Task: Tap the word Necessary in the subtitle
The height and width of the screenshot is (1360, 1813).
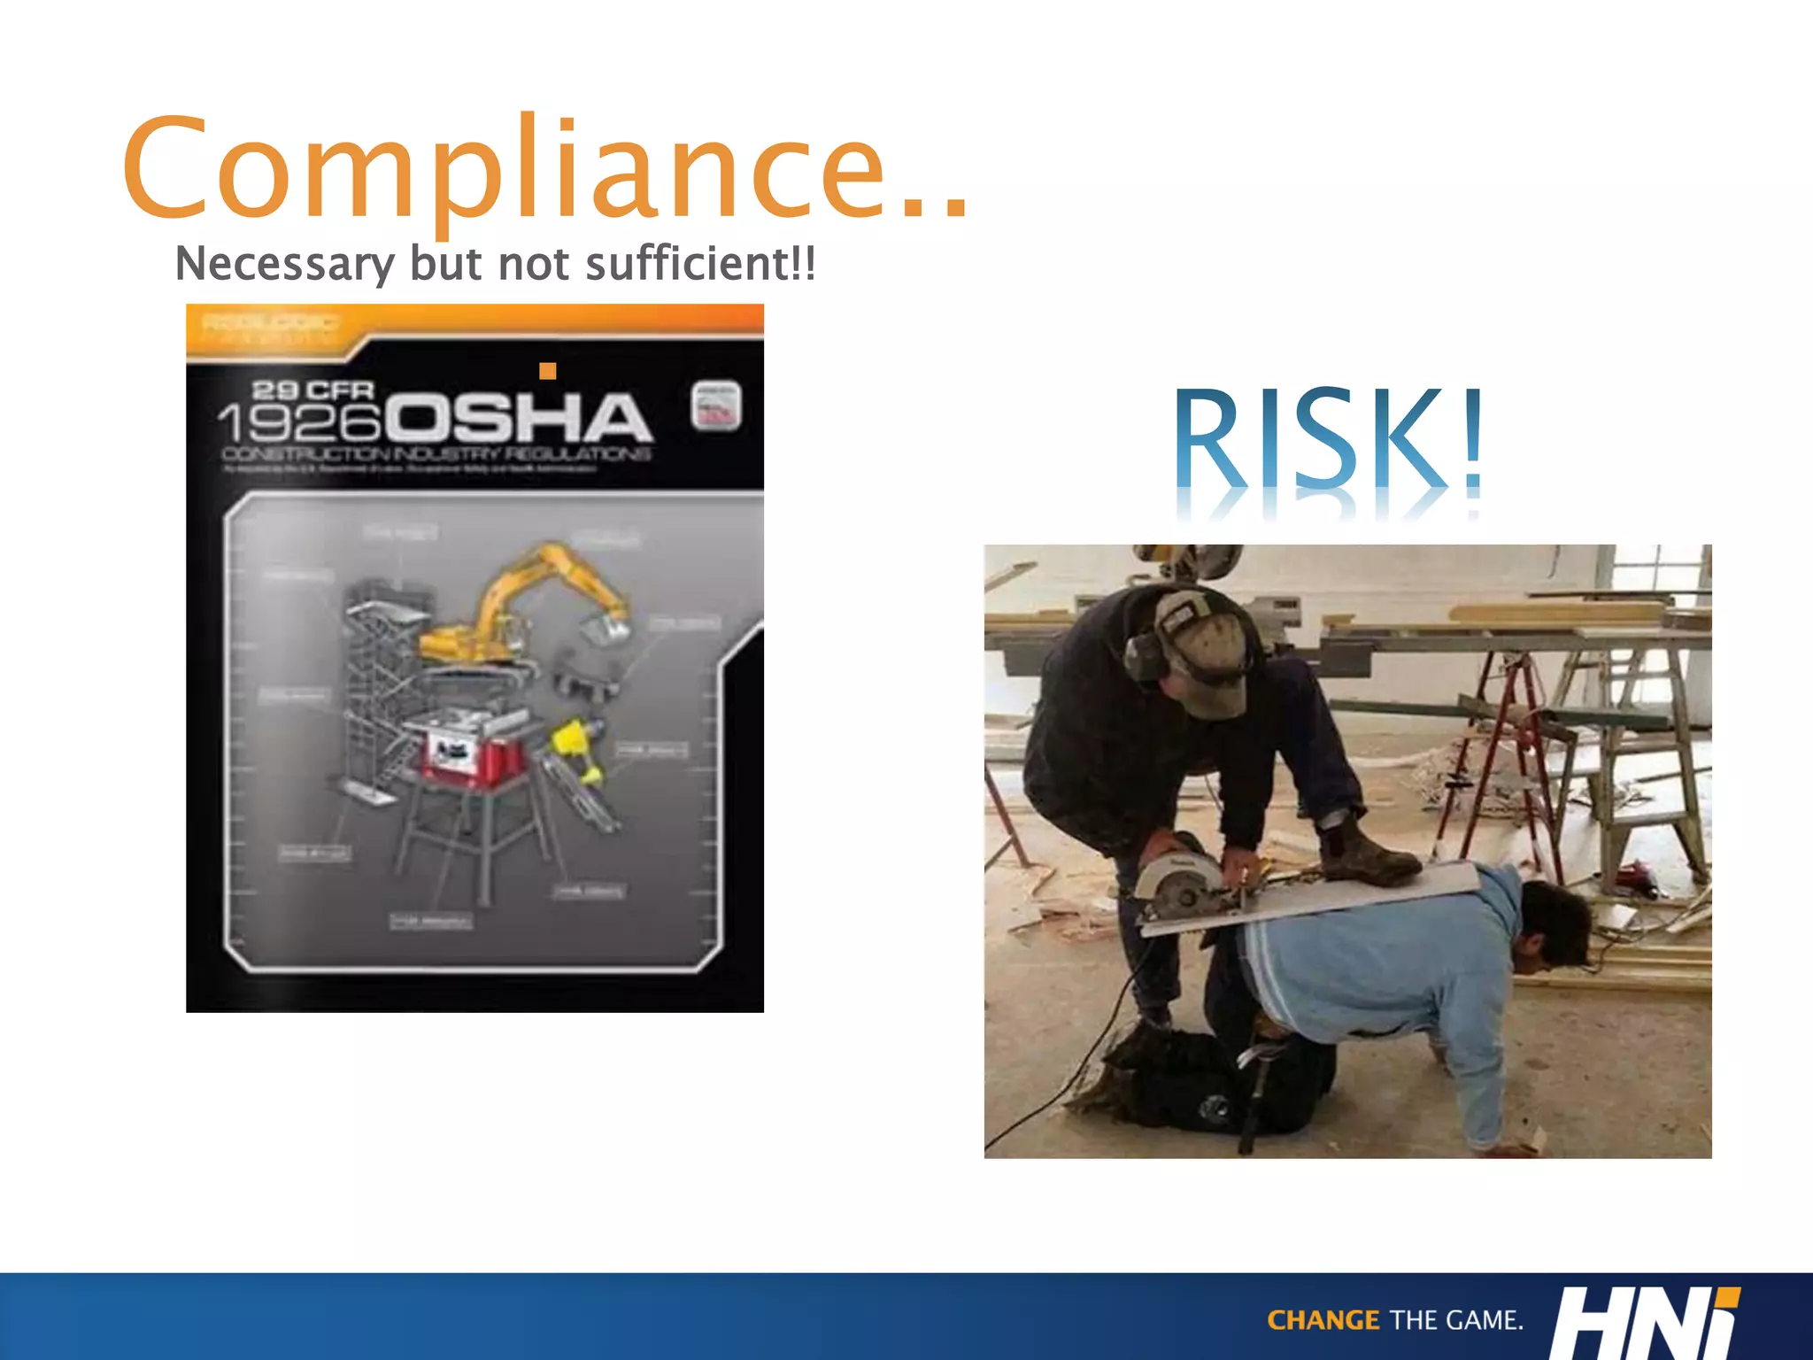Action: (x=284, y=264)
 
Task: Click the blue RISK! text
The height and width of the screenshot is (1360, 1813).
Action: (x=1328, y=438)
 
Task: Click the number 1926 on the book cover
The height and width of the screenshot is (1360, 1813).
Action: (x=298, y=423)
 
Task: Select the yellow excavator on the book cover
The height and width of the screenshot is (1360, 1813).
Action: (x=522, y=611)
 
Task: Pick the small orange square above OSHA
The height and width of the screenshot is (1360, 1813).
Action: (x=548, y=371)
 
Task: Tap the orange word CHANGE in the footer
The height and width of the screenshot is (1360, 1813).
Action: (x=1323, y=1320)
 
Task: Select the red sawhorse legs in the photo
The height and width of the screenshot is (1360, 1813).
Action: (x=1496, y=753)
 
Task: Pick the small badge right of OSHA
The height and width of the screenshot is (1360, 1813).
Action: (x=715, y=407)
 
